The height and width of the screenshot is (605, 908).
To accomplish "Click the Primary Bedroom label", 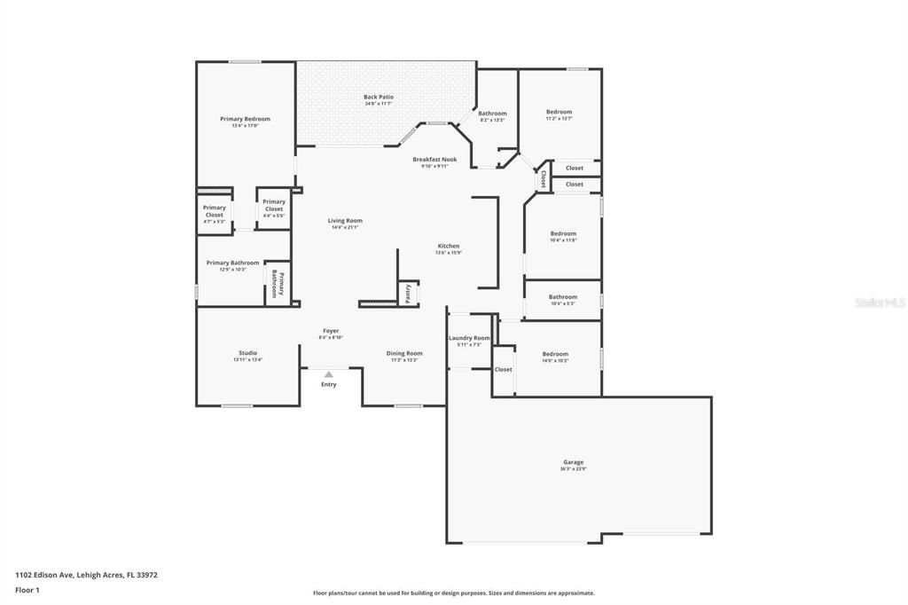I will tap(245, 119).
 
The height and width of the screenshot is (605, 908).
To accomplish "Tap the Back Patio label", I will tap(379, 98).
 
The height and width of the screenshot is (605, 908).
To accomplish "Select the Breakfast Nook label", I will tap(434, 160).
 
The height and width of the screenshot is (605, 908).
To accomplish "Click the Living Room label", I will tap(345, 221).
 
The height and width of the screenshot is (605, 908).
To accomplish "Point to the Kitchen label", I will tap(448, 246).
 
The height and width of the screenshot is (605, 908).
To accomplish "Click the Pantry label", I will tap(408, 294).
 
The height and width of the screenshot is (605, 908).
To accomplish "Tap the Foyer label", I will tap(331, 331).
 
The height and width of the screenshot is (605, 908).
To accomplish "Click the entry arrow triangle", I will tap(329, 374).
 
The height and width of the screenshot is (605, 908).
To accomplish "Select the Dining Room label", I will tap(404, 353).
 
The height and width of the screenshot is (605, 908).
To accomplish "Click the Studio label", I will tap(247, 353).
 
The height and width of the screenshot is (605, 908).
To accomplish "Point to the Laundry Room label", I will tap(469, 338).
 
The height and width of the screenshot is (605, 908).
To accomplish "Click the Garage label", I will tap(573, 462).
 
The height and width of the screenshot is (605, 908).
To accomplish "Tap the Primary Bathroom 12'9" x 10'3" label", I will tap(232, 263).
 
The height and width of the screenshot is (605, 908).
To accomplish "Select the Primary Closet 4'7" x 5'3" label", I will tap(215, 211).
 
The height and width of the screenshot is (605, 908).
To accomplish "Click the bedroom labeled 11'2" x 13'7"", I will tap(559, 112).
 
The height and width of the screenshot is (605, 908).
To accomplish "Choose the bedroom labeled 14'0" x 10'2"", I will tap(555, 354).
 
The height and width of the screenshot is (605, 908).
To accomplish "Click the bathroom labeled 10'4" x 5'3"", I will tap(562, 297).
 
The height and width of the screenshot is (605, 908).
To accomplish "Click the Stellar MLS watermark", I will tap(880, 302).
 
